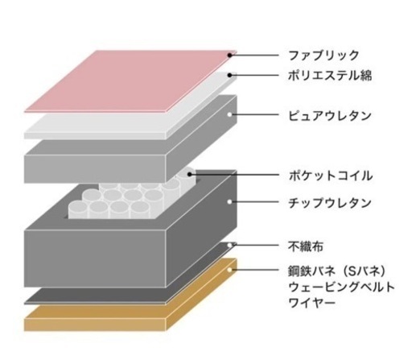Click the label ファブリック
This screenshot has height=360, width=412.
323,56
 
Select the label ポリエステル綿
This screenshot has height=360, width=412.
330,75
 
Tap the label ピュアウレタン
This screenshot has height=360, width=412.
330,115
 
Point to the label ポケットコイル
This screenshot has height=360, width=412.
331,176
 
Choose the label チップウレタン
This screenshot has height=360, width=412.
330,202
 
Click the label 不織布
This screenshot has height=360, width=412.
306,246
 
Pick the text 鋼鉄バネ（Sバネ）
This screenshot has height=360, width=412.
337,271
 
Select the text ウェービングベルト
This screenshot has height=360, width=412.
341,287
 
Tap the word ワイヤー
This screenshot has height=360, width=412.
312,303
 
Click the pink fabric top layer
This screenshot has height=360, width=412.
130,81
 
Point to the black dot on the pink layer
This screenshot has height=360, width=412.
229,56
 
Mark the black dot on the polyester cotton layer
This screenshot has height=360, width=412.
229,75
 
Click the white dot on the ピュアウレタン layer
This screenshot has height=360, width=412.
229,114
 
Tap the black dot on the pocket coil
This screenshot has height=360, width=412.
189,175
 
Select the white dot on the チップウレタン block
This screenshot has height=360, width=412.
229,201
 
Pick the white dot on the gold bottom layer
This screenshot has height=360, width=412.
229,270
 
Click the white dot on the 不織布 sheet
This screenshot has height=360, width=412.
229,245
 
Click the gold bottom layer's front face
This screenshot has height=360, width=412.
95,325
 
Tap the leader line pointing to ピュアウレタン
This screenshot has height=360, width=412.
256,114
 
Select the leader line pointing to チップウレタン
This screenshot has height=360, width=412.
256,201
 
